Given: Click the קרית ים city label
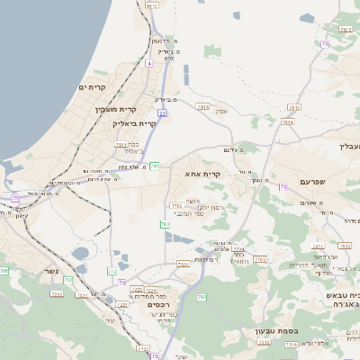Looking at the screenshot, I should tap(93, 87).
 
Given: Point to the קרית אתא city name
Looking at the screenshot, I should tap(206, 172).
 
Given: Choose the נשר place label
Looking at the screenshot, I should tap(52, 270).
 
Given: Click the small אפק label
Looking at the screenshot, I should tap(221, 110).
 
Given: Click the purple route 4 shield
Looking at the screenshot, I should tap(148, 64).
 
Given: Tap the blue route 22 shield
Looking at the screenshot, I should tap(163, 113).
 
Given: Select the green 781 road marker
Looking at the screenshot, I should tap(155, 166).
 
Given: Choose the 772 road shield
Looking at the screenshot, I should tap(112, 270).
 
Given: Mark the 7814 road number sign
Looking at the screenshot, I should tap(287, 121).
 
